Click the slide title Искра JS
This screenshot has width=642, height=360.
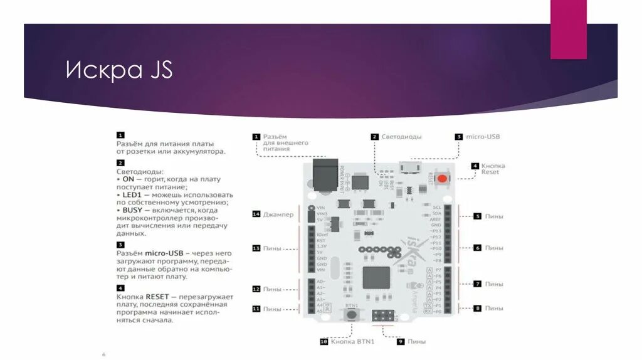119,70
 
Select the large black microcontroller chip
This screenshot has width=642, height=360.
376,277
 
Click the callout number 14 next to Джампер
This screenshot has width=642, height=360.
256,214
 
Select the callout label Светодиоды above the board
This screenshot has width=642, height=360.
401,137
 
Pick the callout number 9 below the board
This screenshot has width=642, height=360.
401,342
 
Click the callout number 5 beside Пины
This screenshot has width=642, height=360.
477,216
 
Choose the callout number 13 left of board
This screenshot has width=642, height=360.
256,248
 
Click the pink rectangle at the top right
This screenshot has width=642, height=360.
568,29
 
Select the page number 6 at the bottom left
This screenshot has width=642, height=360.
103,354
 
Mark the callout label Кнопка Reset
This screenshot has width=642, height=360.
493,169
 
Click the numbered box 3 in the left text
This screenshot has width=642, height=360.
120,245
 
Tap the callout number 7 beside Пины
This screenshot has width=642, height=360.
477,284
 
